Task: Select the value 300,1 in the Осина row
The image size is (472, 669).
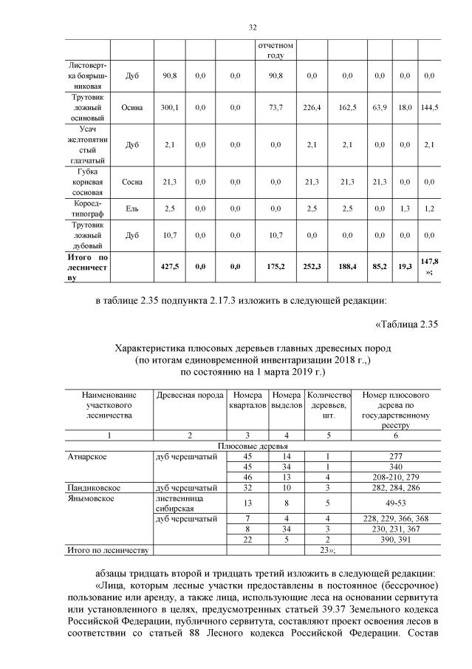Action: pos(169,108)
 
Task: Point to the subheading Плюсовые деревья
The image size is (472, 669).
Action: pos(252,447)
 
